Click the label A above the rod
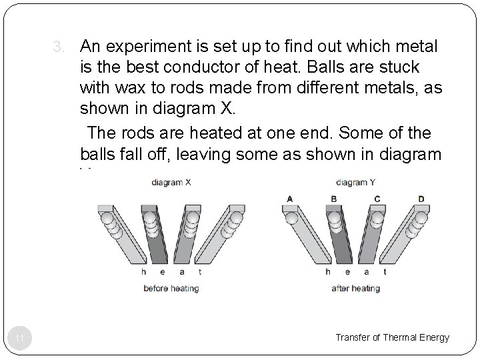click(x=289, y=199)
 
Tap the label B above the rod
click(x=333, y=199)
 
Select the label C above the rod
click(x=377, y=199)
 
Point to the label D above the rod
click(x=421, y=199)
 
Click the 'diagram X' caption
click(x=171, y=182)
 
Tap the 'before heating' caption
click(x=171, y=289)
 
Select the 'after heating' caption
click(x=355, y=289)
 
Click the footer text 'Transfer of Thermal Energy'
click(x=393, y=337)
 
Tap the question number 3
click(x=59, y=47)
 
